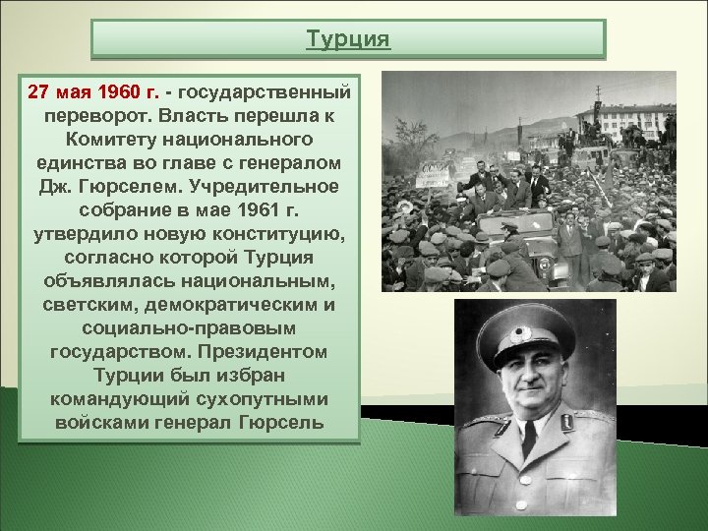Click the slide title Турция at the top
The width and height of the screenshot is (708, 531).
pos(348,39)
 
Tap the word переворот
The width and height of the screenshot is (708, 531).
pos(87,116)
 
